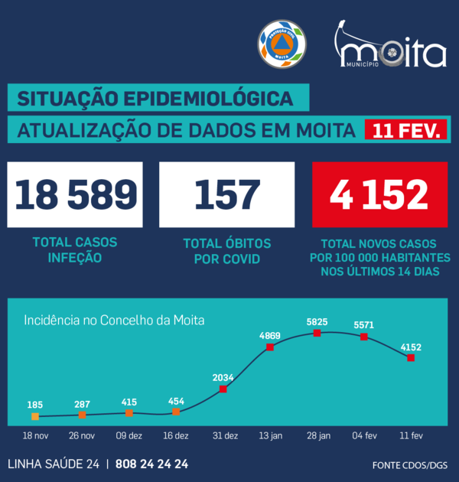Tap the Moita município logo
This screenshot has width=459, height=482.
391,49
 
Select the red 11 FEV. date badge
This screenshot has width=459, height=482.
405,131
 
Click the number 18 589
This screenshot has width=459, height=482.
75,195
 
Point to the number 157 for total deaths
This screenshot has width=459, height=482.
227,195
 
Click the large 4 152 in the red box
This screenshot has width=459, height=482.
379,195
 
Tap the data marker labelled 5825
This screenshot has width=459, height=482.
317,334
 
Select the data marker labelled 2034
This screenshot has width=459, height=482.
223,389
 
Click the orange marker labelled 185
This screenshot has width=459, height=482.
35,416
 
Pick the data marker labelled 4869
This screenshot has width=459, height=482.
270,347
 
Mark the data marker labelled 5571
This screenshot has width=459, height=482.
364,336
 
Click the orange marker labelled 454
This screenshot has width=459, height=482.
176,412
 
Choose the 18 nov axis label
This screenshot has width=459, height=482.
35,435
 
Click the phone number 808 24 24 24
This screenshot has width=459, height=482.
151,464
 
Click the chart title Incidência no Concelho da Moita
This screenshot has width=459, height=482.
115,320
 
